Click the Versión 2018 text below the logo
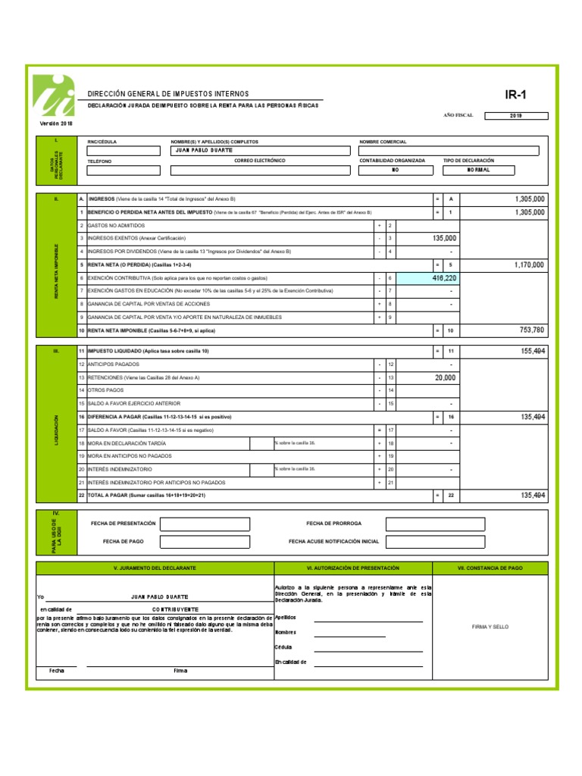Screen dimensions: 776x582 coord(57,123)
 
